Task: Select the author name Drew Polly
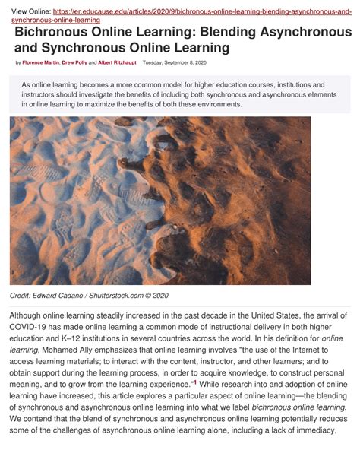click(75, 62)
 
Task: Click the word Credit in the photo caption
click(20, 295)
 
